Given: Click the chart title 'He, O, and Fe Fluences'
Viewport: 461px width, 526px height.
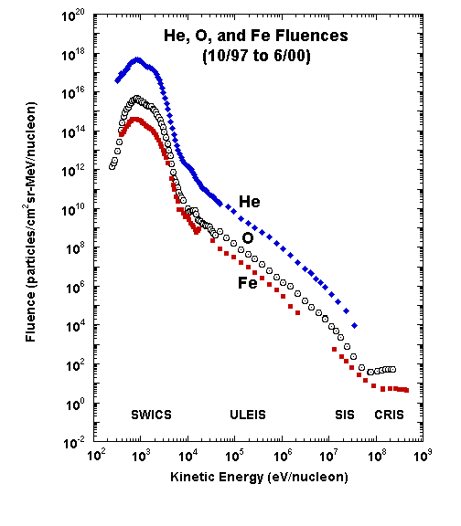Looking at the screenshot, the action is pyautogui.click(x=256, y=36).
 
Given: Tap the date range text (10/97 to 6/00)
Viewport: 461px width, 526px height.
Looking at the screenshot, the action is pyautogui.click(x=256, y=56).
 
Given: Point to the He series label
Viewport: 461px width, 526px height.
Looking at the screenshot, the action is pyautogui.click(x=250, y=202).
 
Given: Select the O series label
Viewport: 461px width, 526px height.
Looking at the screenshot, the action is pyautogui.click(x=248, y=237).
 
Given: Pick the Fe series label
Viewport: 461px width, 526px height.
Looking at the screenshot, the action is pyautogui.click(x=248, y=283).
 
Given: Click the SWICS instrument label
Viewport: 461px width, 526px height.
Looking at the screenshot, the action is pyautogui.click(x=151, y=415).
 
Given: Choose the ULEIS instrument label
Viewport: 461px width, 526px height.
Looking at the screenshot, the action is pyautogui.click(x=248, y=415).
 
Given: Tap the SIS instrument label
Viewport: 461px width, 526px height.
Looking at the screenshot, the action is pyautogui.click(x=345, y=415).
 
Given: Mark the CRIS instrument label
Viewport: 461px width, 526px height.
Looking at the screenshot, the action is pyautogui.click(x=389, y=415).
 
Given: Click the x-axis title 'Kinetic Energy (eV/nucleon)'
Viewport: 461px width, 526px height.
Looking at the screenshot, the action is pyautogui.click(x=259, y=477).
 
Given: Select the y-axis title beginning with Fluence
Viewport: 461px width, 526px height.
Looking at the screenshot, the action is pyautogui.click(x=30, y=222).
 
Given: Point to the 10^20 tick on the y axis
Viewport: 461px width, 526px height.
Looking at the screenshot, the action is pyautogui.click(x=73, y=16).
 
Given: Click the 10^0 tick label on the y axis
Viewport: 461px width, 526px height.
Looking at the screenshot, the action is pyautogui.click(x=75, y=405).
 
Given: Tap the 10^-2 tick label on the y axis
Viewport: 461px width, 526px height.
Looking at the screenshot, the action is pyautogui.click(x=74, y=444).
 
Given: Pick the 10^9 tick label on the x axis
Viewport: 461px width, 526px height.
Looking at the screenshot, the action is pyautogui.click(x=423, y=457).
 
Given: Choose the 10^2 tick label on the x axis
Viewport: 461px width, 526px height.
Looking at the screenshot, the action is pyautogui.click(x=96, y=457).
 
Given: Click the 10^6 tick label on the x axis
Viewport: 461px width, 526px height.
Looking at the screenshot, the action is pyautogui.click(x=283, y=457).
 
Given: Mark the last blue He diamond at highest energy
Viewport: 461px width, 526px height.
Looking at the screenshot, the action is pyautogui.click(x=355, y=325).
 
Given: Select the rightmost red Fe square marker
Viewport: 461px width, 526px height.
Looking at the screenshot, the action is pyautogui.click(x=406, y=390).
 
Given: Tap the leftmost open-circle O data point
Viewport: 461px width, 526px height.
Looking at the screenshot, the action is pyautogui.click(x=113, y=167).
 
